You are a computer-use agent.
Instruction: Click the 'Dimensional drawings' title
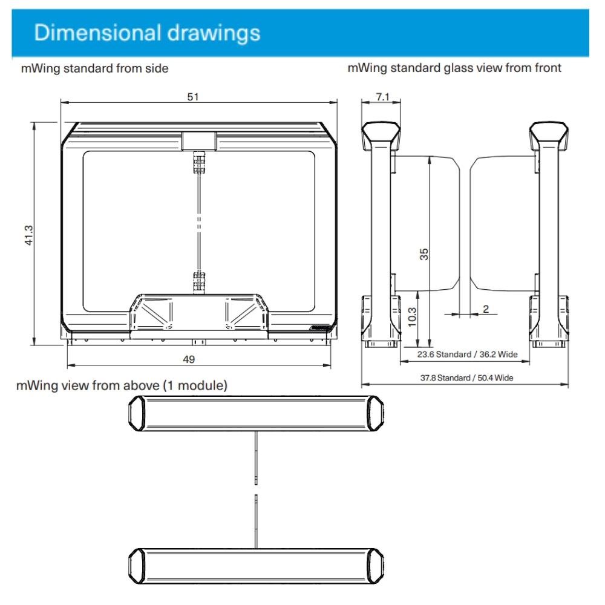tap(147, 33)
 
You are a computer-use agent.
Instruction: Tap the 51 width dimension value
tap(193, 96)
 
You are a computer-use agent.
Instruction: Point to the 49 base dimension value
tap(189, 359)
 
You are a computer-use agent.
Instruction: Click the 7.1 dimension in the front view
tap(382, 97)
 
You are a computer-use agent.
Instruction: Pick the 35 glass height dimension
tap(424, 254)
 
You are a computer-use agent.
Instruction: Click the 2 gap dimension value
tap(485, 309)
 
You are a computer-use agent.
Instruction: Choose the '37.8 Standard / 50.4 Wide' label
tap(466, 378)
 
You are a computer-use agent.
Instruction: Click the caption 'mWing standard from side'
tap(94, 68)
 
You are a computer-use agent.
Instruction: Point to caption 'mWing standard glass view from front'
tap(454, 68)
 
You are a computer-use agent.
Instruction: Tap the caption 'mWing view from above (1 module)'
tap(122, 385)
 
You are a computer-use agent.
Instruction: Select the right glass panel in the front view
tap(502, 222)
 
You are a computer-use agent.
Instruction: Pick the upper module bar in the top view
tap(256, 413)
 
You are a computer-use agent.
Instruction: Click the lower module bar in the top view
tap(256, 566)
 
